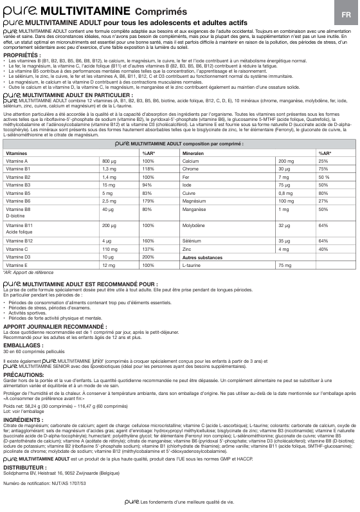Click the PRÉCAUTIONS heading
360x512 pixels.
point(24,373)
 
